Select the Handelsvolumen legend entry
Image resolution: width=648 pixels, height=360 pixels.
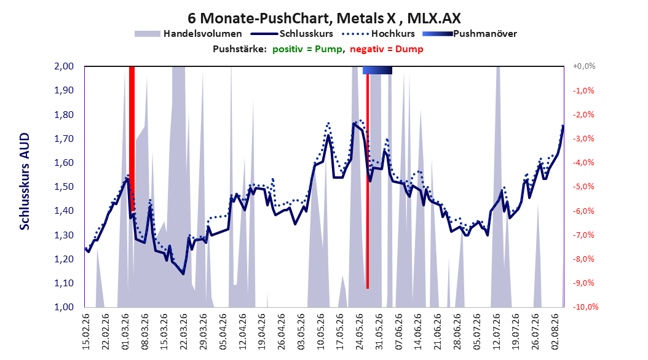click(189, 34)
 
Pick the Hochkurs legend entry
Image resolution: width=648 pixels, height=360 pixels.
click(377, 34)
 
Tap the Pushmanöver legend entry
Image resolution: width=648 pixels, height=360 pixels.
click(470, 34)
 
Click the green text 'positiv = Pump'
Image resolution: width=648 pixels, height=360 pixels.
click(307, 49)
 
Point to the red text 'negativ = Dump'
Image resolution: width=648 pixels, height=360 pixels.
click(387, 49)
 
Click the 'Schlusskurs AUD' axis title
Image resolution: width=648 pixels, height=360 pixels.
click(25, 181)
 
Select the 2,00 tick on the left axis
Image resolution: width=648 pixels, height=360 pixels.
click(64, 66)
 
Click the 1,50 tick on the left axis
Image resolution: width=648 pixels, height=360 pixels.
click(64, 187)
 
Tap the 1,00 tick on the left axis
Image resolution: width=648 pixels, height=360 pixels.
click(64, 307)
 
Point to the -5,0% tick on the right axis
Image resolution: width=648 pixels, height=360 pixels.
click(583, 187)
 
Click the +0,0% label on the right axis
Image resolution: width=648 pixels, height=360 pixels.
click(584, 66)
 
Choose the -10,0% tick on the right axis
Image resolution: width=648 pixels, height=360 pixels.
click(585, 307)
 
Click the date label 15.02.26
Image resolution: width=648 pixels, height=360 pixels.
click(86, 332)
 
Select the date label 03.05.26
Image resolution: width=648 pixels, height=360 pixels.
click(301, 332)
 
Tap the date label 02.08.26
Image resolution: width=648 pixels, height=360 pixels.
click(555, 332)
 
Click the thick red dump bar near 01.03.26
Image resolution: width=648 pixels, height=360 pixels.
click(132, 139)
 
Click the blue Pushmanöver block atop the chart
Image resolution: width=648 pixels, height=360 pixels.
click(377, 70)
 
